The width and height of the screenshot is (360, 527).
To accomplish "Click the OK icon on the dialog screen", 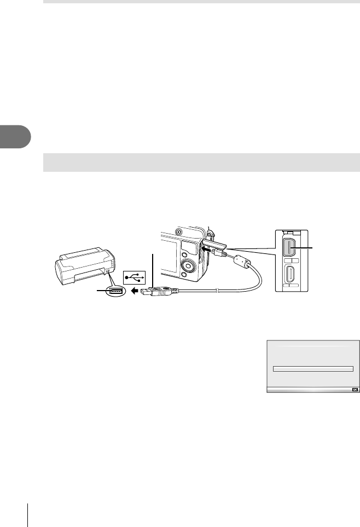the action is [353, 390].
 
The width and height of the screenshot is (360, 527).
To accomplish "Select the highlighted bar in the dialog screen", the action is [312, 369].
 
